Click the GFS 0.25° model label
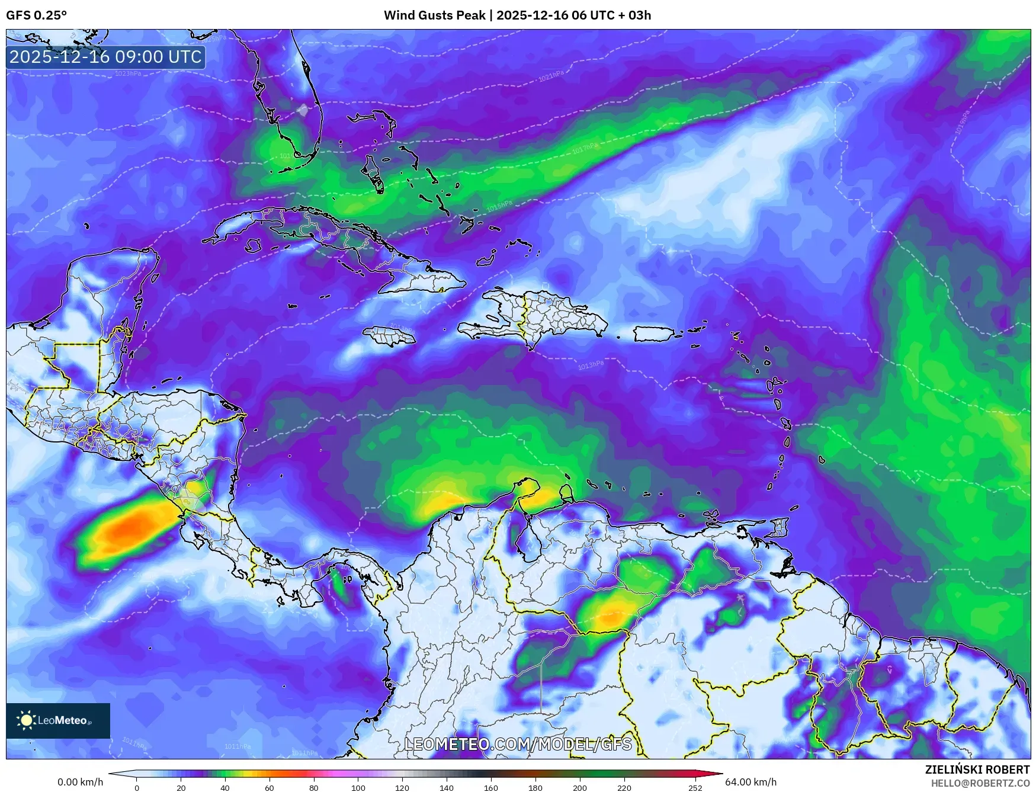(36, 15)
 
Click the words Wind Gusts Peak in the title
(434, 15)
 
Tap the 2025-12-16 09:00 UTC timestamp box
(106, 57)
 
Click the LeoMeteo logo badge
(58, 720)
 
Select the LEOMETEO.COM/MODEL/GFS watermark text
(518, 744)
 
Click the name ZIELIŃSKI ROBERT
(977, 769)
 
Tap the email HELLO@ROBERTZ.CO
(980, 783)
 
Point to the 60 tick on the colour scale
(270, 788)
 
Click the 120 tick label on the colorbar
(402, 788)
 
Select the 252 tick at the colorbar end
(695, 788)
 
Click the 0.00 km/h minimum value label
(81, 782)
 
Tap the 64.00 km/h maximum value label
(750, 782)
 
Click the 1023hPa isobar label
(128, 73)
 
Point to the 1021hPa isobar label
(551, 76)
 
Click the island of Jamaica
(389, 336)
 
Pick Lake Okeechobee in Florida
(303, 110)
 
